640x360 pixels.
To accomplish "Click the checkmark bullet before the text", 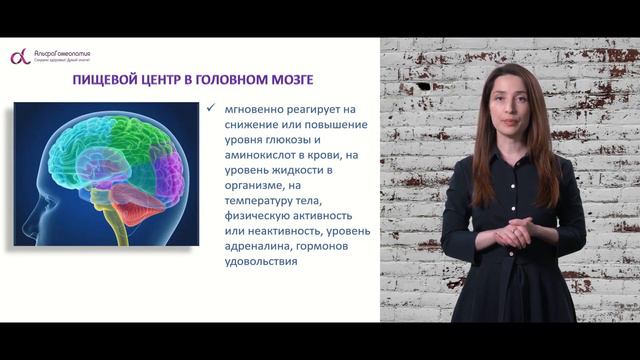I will pyautogui.click(x=207, y=108).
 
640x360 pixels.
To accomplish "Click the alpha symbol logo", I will pyautogui.click(x=17, y=57).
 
